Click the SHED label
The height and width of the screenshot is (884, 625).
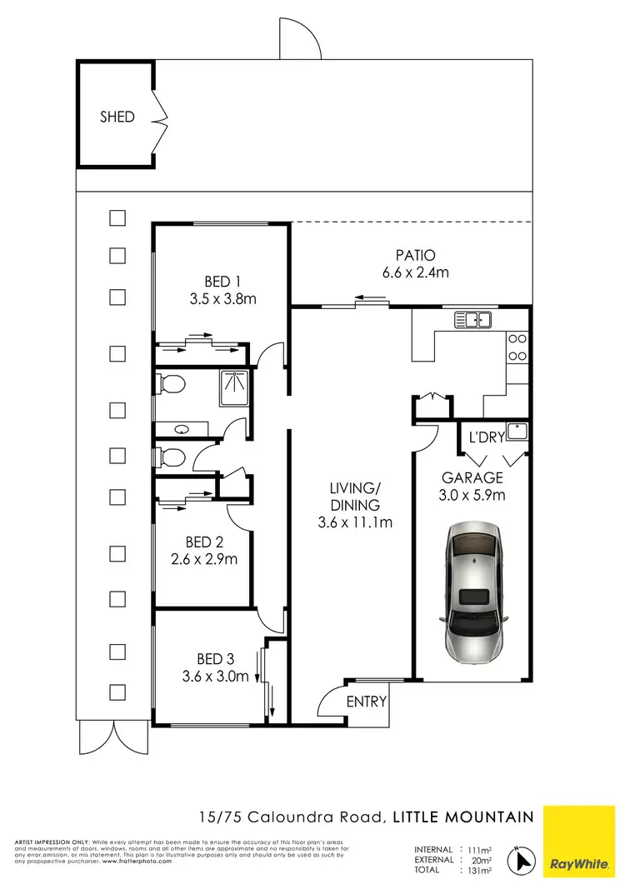[117, 117]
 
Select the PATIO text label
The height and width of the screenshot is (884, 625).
[415, 255]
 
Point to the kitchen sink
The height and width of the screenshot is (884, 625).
[473, 318]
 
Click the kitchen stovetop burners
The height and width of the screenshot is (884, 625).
[517, 347]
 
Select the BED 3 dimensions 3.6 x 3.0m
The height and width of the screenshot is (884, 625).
[216, 677]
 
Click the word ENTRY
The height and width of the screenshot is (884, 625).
[367, 702]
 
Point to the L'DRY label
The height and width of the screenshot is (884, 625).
[487, 437]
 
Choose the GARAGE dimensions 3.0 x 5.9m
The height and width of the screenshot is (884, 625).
[472, 495]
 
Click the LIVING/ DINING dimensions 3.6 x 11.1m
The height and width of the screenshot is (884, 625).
[355, 523]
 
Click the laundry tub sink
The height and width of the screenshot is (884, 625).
[519, 431]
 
